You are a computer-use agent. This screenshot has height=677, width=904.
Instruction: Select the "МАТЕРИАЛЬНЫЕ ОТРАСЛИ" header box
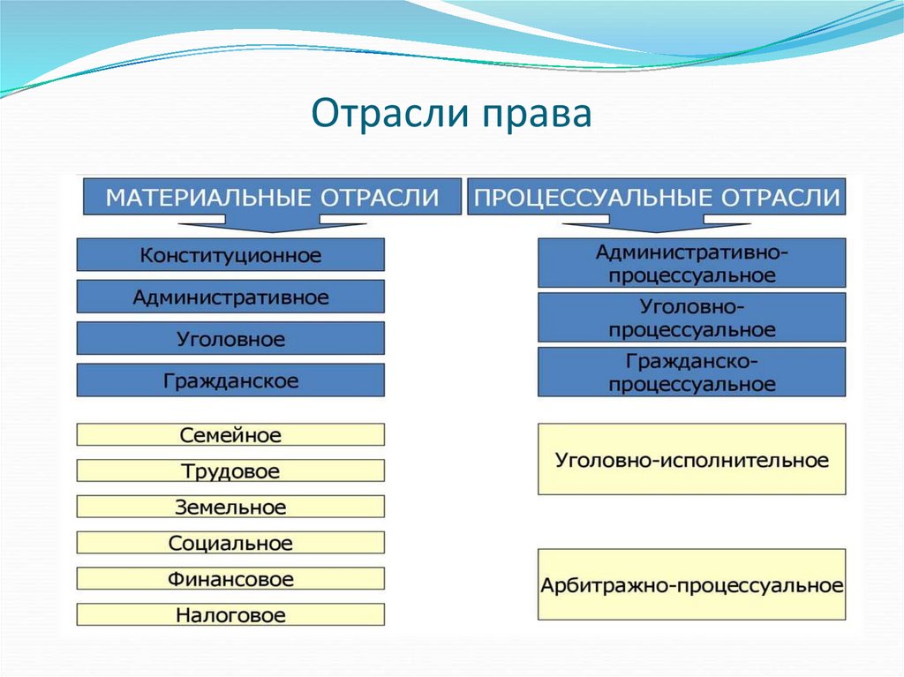point(272,196)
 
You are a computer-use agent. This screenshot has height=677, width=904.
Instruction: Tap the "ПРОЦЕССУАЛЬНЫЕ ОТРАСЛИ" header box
point(656,196)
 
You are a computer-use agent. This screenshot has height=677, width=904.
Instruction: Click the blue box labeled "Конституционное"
point(230,255)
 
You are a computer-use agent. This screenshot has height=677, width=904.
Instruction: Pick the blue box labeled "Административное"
point(230,297)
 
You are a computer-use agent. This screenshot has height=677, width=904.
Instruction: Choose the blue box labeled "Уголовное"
point(230,339)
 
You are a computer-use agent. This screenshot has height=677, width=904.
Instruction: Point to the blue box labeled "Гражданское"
point(230,380)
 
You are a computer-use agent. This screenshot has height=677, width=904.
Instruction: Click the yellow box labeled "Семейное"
point(230,435)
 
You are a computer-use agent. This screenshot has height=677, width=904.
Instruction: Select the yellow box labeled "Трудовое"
point(230,471)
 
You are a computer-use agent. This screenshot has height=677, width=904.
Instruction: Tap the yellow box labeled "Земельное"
point(230,508)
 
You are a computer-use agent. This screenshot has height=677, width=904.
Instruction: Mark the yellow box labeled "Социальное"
point(230,543)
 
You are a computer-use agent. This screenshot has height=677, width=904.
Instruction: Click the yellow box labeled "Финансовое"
point(230,579)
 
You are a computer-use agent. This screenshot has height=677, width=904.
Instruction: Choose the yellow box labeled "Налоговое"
point(230,615)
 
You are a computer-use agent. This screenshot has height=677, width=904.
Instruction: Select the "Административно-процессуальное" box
point(691,263)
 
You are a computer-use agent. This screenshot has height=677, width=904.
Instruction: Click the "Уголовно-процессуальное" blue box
point(691,318)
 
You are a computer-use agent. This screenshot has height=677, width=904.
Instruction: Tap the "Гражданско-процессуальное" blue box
point(691,372)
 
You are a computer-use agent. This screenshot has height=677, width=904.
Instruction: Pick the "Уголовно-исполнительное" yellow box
point(691,460)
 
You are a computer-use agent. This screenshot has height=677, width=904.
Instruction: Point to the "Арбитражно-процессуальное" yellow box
point(691,585)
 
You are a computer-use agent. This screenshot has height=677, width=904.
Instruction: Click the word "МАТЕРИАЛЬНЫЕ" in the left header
point(209,196)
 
